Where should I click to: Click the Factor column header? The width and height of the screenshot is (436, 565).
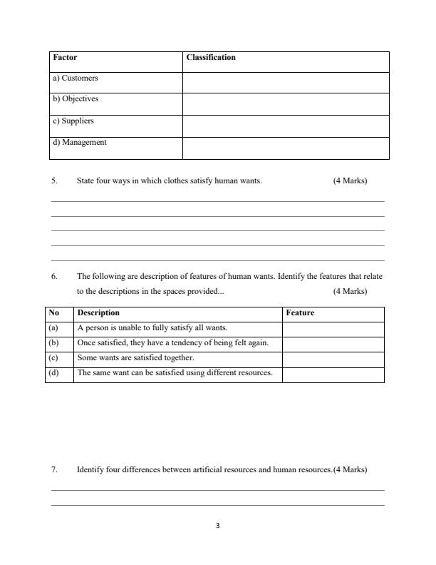click(65, 57)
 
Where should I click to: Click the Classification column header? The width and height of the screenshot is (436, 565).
click(210, 57)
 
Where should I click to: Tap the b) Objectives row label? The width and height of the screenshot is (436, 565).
click(76, 99)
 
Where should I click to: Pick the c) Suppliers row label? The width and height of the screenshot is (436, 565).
click(73, 121)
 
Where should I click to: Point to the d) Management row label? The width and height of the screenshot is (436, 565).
click(80, 142)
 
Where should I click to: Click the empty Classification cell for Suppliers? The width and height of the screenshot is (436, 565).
click(286, 126)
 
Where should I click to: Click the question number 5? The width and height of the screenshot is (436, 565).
click(54, 180)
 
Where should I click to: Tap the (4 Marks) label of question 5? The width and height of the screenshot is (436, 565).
click(350, 180)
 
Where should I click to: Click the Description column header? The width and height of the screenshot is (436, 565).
click(98, 312)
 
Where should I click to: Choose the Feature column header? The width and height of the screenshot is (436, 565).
click(299, 312)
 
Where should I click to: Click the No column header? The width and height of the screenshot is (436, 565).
click(53, 312)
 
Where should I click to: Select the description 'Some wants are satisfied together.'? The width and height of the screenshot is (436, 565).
click(135, 357)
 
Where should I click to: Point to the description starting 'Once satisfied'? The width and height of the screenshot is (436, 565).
click(172, 342)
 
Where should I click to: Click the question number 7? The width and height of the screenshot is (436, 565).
click(54, 470)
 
